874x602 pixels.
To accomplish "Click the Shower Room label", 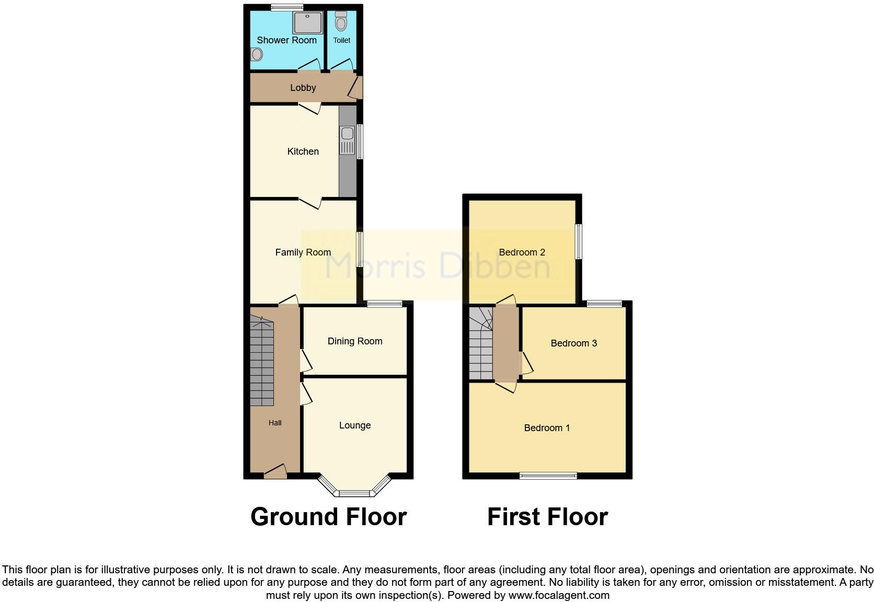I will pos(286,40).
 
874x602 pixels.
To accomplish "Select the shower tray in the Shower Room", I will pos(307,22).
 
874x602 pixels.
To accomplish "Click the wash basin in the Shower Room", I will pos(256,54).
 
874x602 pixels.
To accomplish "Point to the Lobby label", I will pos(303,88).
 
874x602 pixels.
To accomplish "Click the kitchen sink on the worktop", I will pos(347,141).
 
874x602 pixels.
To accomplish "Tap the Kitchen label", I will pos(303,152).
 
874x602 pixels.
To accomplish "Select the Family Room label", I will pos(303,252).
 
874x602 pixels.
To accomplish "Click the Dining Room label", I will pos(355,341).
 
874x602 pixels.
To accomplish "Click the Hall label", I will pos(275,423).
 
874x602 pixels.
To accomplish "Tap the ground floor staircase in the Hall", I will pos(262,363).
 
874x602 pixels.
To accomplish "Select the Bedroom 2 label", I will pos(522,252).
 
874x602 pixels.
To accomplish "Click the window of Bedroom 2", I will pos(579,241).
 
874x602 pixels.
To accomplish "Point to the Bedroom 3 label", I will pos(574,343).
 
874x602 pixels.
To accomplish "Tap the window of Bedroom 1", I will pos(548,476).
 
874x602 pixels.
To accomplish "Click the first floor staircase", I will pos(480,345).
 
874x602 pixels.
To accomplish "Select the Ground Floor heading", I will pos(329,517).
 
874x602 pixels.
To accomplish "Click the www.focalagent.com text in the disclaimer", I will pos(559,595).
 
